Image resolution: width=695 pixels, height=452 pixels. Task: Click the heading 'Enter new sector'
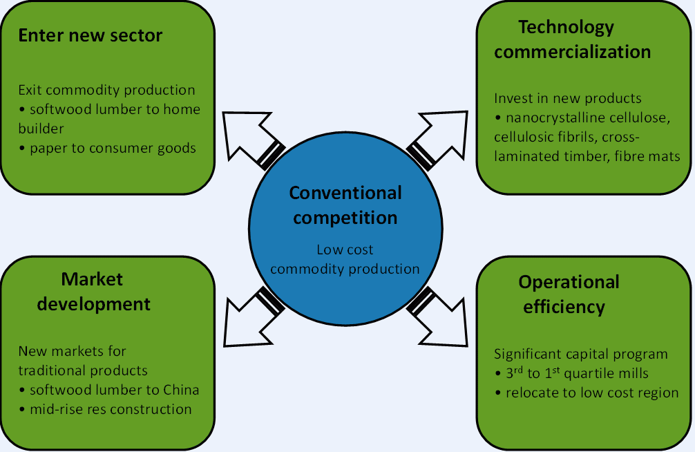pos(91,35)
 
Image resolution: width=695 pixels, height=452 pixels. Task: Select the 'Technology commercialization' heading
pos(572,39)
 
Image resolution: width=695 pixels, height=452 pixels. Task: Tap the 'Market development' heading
pos(93,292)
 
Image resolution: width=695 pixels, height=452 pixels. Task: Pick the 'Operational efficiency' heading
pos(569,294)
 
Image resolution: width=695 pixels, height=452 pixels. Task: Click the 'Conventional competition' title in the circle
pos(345,205)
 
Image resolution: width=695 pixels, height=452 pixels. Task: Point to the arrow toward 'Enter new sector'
pos(253,140)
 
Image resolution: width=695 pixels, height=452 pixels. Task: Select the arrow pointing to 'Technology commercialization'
pos(437,140)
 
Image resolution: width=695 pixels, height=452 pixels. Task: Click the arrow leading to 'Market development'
pos(254,317)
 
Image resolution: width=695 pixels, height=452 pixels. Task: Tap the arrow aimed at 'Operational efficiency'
pos(437,317)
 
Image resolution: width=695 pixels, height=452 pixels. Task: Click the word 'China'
pos(181,390)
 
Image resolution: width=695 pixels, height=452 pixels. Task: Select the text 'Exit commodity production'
pos(106,90)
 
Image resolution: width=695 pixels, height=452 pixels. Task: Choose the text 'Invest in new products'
pos(568,98)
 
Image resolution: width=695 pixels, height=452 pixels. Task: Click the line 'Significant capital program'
pos(581,355)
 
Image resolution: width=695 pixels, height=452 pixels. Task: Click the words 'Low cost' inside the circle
pos(345,249)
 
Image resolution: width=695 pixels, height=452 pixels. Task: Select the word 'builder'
pos(41,129)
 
